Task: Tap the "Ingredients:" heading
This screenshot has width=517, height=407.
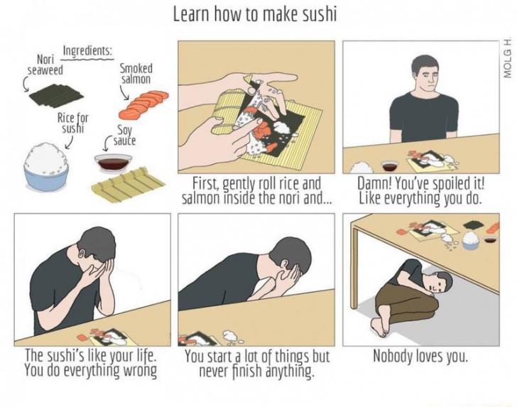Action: (88, 51)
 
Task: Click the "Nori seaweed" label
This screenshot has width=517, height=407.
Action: (45, 65)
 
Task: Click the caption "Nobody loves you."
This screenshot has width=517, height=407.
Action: (420, 356)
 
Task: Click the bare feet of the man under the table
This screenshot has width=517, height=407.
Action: (379, 327)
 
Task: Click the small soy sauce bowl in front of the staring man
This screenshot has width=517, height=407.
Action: (390, 166)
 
